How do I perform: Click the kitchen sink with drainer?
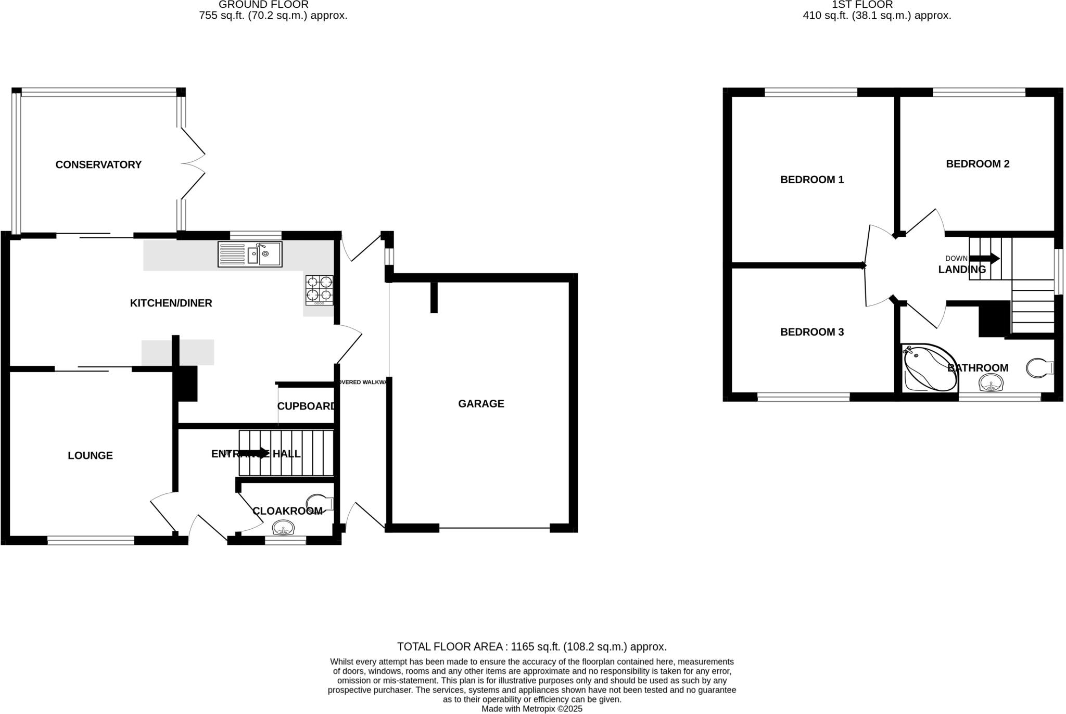(250, 254)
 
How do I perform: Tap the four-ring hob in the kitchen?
(319, 290)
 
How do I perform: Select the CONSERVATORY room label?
(98, 165)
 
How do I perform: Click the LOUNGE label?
(90, 456)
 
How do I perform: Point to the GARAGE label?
(481, 404)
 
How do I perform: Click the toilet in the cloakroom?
(318, 503)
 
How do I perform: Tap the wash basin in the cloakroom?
(284, 528)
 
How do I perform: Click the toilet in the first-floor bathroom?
(1038, 368)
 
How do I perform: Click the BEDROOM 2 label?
(978, 164)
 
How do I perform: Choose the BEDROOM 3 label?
(811, 332)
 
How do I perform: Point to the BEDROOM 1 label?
(811, 180)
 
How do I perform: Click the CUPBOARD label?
(306, 406)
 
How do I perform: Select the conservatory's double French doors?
(193, 163)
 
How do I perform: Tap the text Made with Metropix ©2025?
(531, 709)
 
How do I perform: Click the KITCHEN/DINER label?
(171, 303)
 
